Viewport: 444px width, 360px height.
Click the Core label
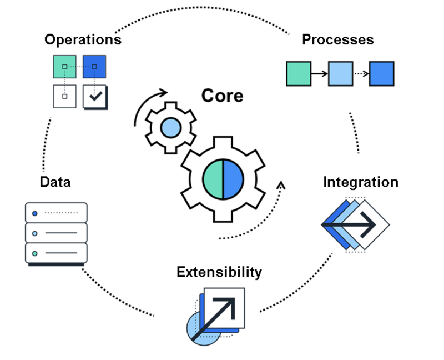(222, 95)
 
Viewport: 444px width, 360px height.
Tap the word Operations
(83, 40)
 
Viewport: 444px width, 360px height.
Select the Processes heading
(337, 40)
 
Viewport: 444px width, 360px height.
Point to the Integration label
(361, 182)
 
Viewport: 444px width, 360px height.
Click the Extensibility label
(219, 272)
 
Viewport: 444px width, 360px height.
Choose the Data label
(55, 182)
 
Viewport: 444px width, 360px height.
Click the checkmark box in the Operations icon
(96, 96)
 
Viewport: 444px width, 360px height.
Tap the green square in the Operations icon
(64, 67)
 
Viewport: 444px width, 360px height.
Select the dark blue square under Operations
(95, 67)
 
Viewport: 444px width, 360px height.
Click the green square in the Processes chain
(298, 73)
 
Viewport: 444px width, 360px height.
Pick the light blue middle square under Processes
(340, 73)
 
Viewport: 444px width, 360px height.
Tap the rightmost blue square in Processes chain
(382, 73)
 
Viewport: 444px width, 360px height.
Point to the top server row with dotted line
(56, 213)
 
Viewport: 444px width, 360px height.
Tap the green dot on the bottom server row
(34, 253)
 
